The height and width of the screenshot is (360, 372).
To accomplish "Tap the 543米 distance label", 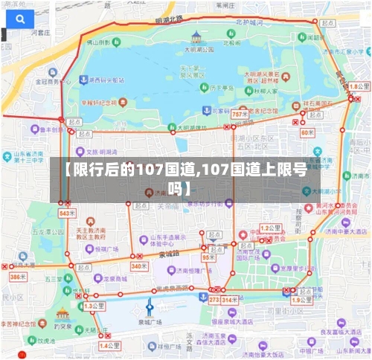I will pos(67,213).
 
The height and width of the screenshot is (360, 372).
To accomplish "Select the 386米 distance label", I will pos(16,277).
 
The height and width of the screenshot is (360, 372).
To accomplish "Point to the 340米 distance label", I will pos(138,266).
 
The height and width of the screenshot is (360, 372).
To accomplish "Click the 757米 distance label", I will pos(240,115).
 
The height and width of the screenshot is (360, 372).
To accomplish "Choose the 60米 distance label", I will pos(307,132).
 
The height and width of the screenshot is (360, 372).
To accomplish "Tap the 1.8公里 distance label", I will pos(359,87).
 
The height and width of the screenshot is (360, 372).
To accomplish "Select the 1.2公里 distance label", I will pos(269,228).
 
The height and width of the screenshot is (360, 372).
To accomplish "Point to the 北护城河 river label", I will pos(250,22).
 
